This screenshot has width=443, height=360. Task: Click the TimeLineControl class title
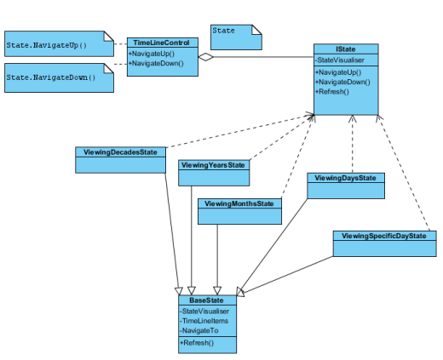point(161,43)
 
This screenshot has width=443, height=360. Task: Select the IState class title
point(346,49)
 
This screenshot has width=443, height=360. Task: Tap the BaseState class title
point(206,300)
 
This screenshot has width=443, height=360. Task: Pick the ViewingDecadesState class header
point(120,152)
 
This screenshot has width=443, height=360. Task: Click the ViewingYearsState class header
point(213,165)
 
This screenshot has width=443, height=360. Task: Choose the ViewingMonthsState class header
point(239,203)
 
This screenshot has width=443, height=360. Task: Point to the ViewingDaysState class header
point(345,178)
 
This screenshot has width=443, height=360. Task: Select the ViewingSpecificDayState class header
point(384,236)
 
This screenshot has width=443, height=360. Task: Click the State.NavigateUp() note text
point(47,45)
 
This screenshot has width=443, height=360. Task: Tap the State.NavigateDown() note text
point(51,77)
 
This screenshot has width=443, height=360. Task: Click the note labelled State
point(236,37)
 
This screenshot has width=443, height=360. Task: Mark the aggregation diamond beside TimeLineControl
point(206,57)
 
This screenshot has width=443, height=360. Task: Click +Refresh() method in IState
point(332,92)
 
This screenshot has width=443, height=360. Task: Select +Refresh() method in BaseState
point(197,343)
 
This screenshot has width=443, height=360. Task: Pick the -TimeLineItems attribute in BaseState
point(204,321)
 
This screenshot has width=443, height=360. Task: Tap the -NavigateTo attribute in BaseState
point(199,331)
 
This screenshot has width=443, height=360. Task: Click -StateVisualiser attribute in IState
point(340,60)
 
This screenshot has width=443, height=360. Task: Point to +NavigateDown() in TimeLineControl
point(156,63)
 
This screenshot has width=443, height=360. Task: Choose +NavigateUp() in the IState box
point(338,72)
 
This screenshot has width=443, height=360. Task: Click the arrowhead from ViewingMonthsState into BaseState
point(217,291)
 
